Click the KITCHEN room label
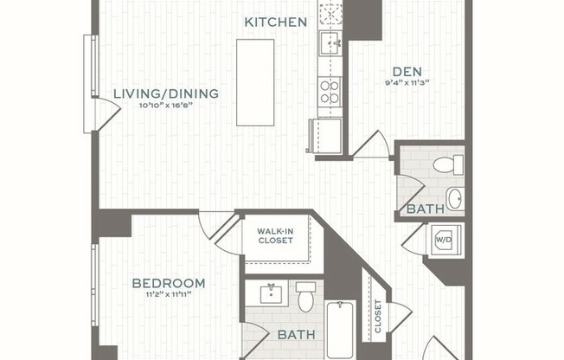pos(275,22)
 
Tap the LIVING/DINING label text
pos(166,93)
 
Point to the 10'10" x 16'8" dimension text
pos(166,106)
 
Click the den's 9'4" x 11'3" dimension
pos(407,83)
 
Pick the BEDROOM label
pos(169,283)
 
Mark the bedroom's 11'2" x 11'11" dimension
pos(169,294)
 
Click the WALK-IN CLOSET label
pos(275,235)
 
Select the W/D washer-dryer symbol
pos(444,239)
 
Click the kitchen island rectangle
pos(254,81)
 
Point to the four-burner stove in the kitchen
pos(330,90)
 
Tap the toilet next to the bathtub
pos(305,296)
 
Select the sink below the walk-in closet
pos(272,292)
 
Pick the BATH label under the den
pos(425,209)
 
